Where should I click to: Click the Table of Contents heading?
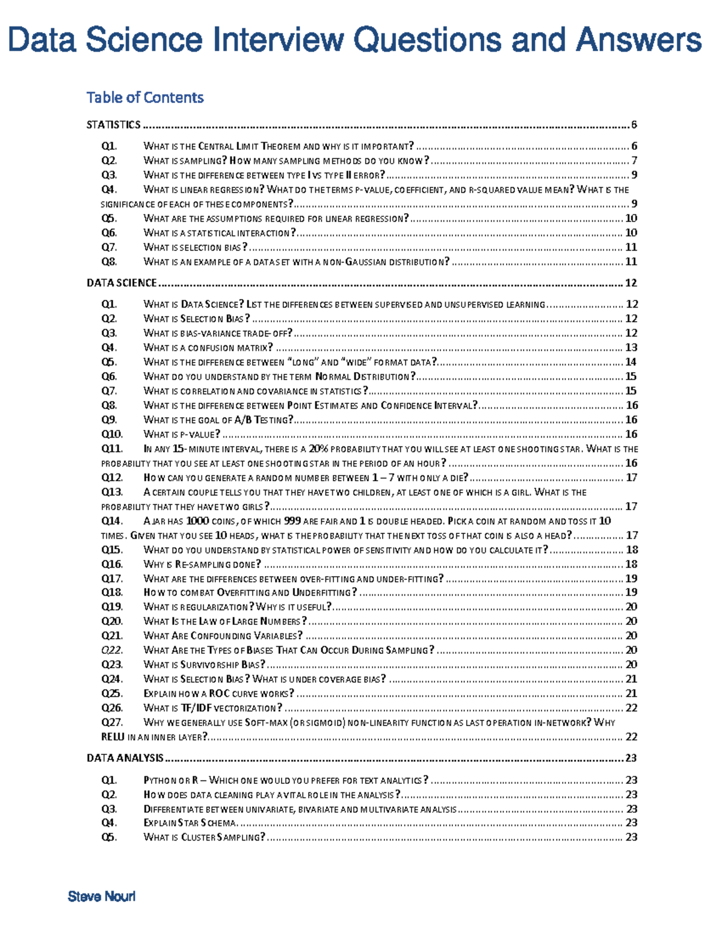click(x=145, y=98)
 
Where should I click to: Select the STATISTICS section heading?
click(x=113, y=125)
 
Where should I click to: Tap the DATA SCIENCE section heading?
click(x=122, y=283)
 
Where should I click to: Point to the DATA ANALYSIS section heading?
click(x=125, y=758)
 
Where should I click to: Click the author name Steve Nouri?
click(x=102, y=896)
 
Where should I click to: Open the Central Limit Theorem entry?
click(x=278, y=146)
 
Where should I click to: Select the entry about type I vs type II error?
click(x=264, y=175)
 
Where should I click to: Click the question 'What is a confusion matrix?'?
click(x=208, y=347)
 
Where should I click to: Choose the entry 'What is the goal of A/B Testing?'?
click(x=218, y=420)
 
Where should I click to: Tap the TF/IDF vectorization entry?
click(x=212, y=708)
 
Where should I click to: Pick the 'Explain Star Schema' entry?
click(x=190, y=823)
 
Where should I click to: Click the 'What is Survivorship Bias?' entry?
click(x=204, y=665)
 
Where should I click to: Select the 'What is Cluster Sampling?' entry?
click(x=204, y=837)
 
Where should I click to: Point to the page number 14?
click(x=631, y=362)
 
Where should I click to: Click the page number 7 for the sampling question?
click(x=634, y=161)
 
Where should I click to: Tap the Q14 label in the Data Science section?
click(x=112, y=521)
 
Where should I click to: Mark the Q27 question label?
click(x=112, y=722)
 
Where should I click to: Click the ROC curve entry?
click(x=218, y=694)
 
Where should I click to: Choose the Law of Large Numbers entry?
click(x=225, y=621)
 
